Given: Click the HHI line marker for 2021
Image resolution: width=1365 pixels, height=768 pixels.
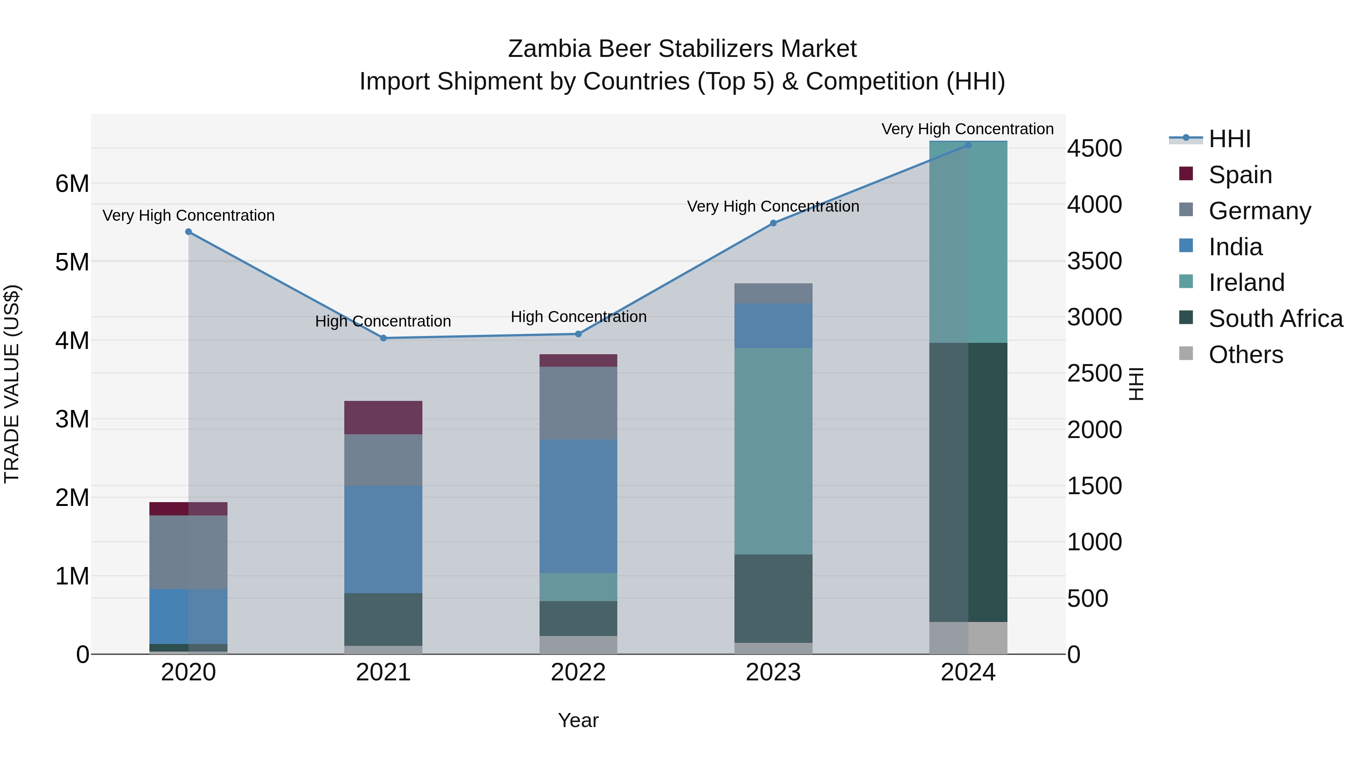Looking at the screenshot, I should click(x=383, y=338).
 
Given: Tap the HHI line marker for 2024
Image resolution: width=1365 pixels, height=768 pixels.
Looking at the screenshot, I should click(x=968, y=145).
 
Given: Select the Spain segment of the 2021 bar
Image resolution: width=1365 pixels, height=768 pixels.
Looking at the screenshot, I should click(x=383, y=418).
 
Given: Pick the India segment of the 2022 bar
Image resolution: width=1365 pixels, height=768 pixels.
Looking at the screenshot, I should click(x=578, y=506).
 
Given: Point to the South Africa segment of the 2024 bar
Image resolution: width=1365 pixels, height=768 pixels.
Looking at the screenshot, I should click(x=968, y=482).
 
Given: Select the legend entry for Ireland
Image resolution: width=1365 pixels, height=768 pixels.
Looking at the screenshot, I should click(x=1246, y=283).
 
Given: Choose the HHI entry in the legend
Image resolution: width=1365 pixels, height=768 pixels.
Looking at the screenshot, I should click(x=1229, y=139).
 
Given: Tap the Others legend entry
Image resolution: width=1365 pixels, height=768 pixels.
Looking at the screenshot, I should click(x=1245, y=355).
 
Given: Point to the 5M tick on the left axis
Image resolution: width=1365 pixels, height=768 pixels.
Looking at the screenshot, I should click(x=72, y=262).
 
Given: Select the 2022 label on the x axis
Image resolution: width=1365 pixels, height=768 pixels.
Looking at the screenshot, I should click(x=578, y=672).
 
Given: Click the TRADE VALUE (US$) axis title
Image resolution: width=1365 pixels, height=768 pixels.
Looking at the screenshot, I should click(x=12, y=384).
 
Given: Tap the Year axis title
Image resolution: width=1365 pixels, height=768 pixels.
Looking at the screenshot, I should click(x=578, y=720).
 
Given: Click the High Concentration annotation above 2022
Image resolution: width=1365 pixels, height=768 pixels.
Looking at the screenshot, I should click(x=578, y=317).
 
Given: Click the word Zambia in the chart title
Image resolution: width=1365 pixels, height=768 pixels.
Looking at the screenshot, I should click(x=549, y=49).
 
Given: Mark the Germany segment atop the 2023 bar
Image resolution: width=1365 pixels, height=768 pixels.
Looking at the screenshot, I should click(x=773, y=293).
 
